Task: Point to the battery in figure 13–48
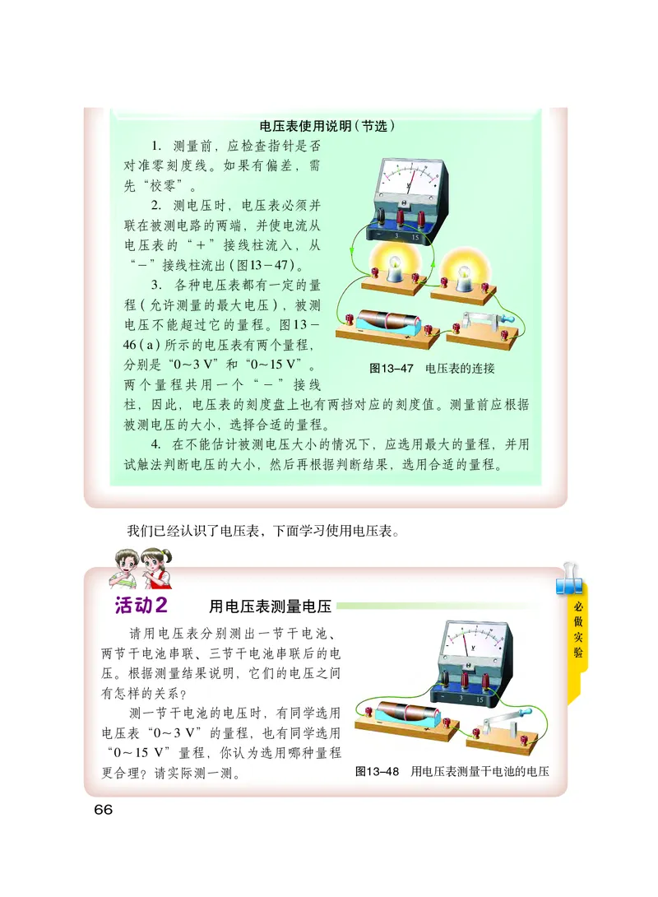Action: click(x=406, y=715)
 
